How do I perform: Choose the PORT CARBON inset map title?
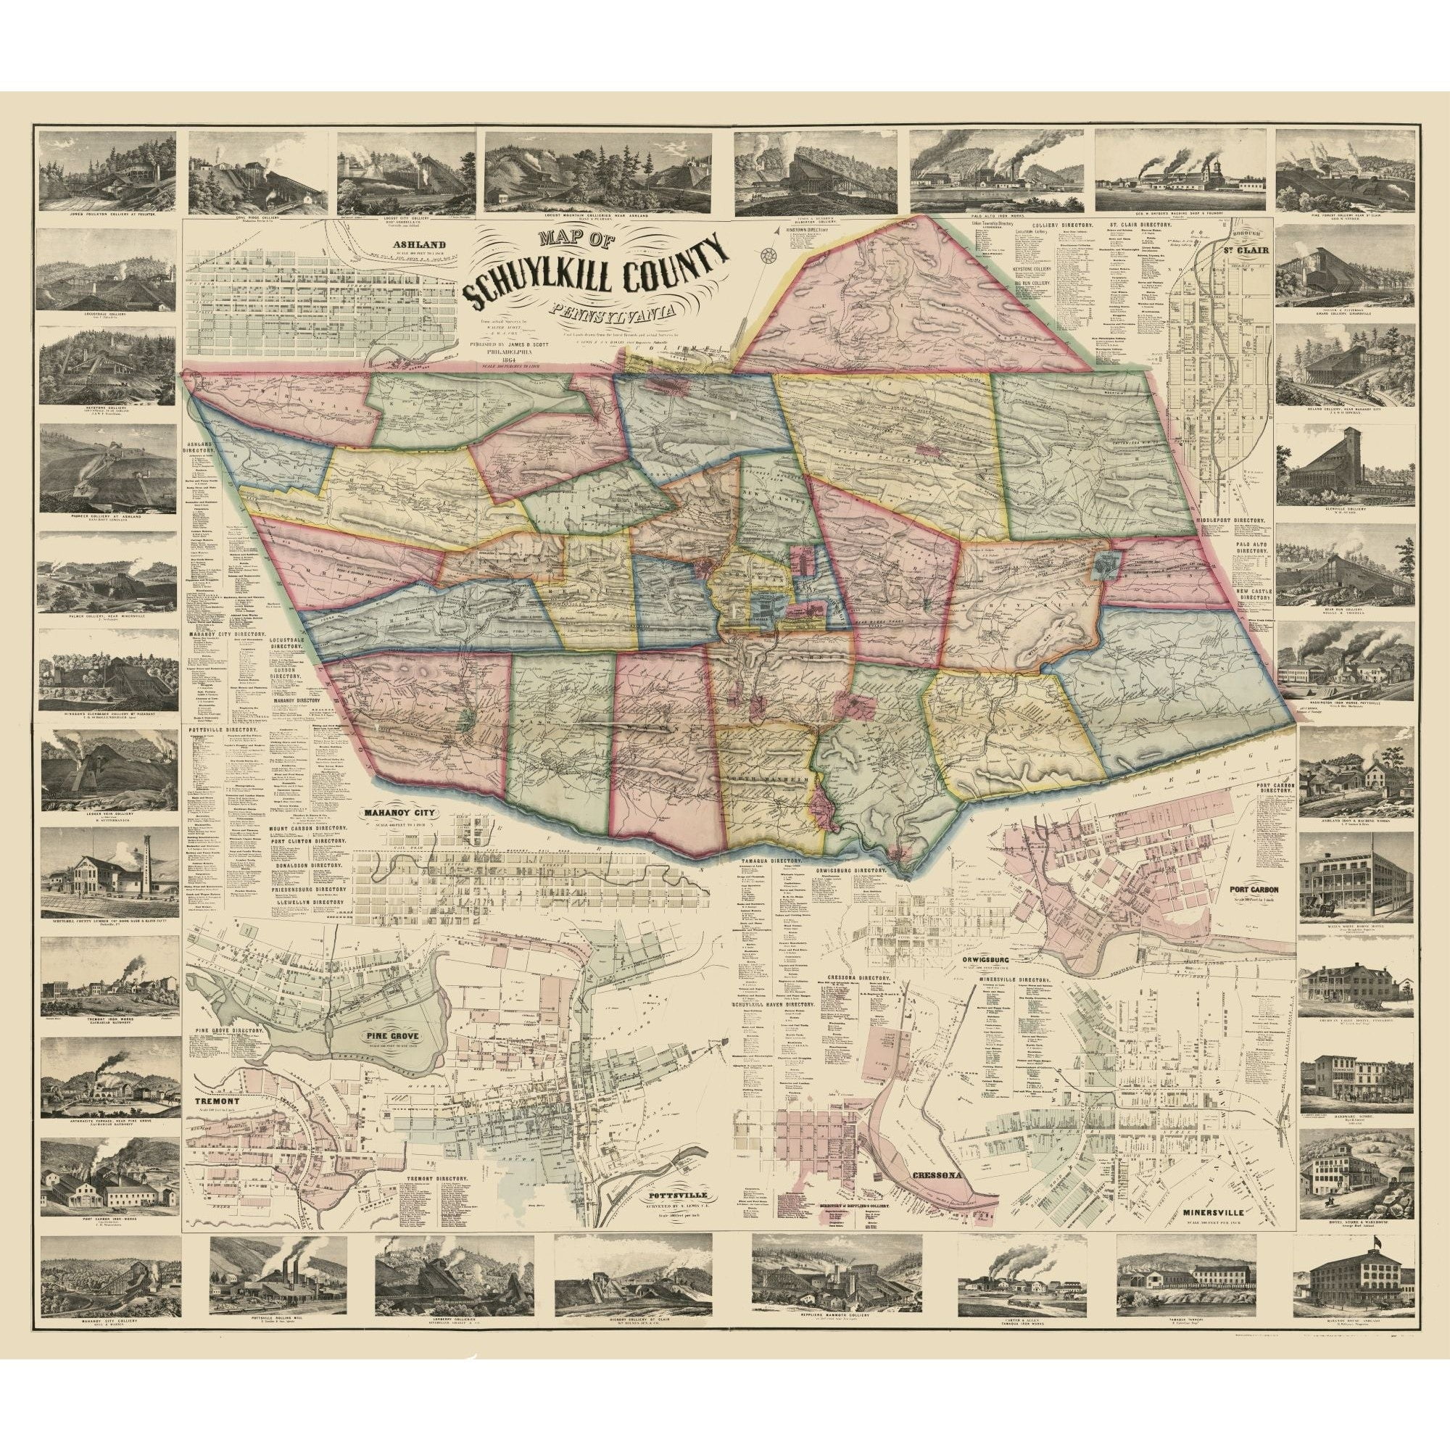point(1254,891)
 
